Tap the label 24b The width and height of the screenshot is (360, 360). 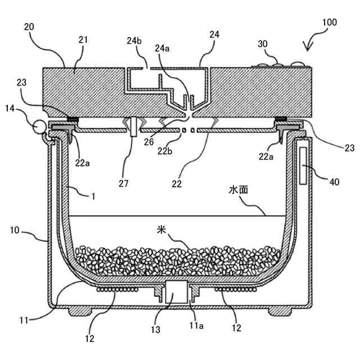point(134,40)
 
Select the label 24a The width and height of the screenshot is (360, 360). point(163,48)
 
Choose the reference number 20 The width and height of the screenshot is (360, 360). point(29,26)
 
